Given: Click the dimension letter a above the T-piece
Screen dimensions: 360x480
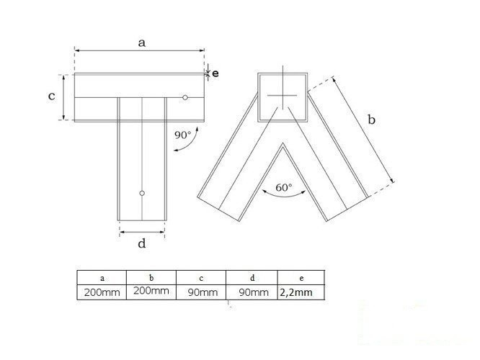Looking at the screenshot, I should pyautogui.click(x=142, y=42).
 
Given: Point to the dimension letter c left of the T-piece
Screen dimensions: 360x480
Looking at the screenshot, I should pyautogui.click(x=52, y=96).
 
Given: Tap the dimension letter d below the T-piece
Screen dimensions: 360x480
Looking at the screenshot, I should pyautogui.click(x=142, y=243).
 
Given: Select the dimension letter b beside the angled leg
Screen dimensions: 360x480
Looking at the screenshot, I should pyautogui.click(x=371, y=120).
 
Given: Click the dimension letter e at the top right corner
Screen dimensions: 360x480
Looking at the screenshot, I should pyautogui.click(x=215, y=73).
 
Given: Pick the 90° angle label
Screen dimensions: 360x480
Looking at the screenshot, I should pyautogui.click(x=183, y=134).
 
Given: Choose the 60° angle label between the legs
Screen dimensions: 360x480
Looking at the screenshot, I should pyautogui.click(x=284, y=188).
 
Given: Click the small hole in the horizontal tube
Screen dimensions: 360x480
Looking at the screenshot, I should pyautogui.click(x=185, y=97).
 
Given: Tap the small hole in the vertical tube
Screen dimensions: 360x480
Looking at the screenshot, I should pyautogui.click(x=143, y=193).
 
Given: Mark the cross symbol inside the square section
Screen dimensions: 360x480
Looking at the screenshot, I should pyautogui.click(x=280, y=96).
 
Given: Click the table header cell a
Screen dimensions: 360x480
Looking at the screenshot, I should pyautogui.click(x=102, y=277).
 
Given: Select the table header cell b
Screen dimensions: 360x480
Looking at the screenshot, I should pyautogui.click(x=151, y=277).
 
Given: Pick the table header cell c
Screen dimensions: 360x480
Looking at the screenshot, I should pyautogui.click(x=200, y=277).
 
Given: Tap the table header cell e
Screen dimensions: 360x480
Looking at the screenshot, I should pyautogui.click(x=300, y=277).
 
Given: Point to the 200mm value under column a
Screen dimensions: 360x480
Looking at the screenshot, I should pyautogui.click(x=102, y=292).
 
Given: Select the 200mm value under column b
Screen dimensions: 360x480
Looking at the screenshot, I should pyautogui.click(x=151, y=292).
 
